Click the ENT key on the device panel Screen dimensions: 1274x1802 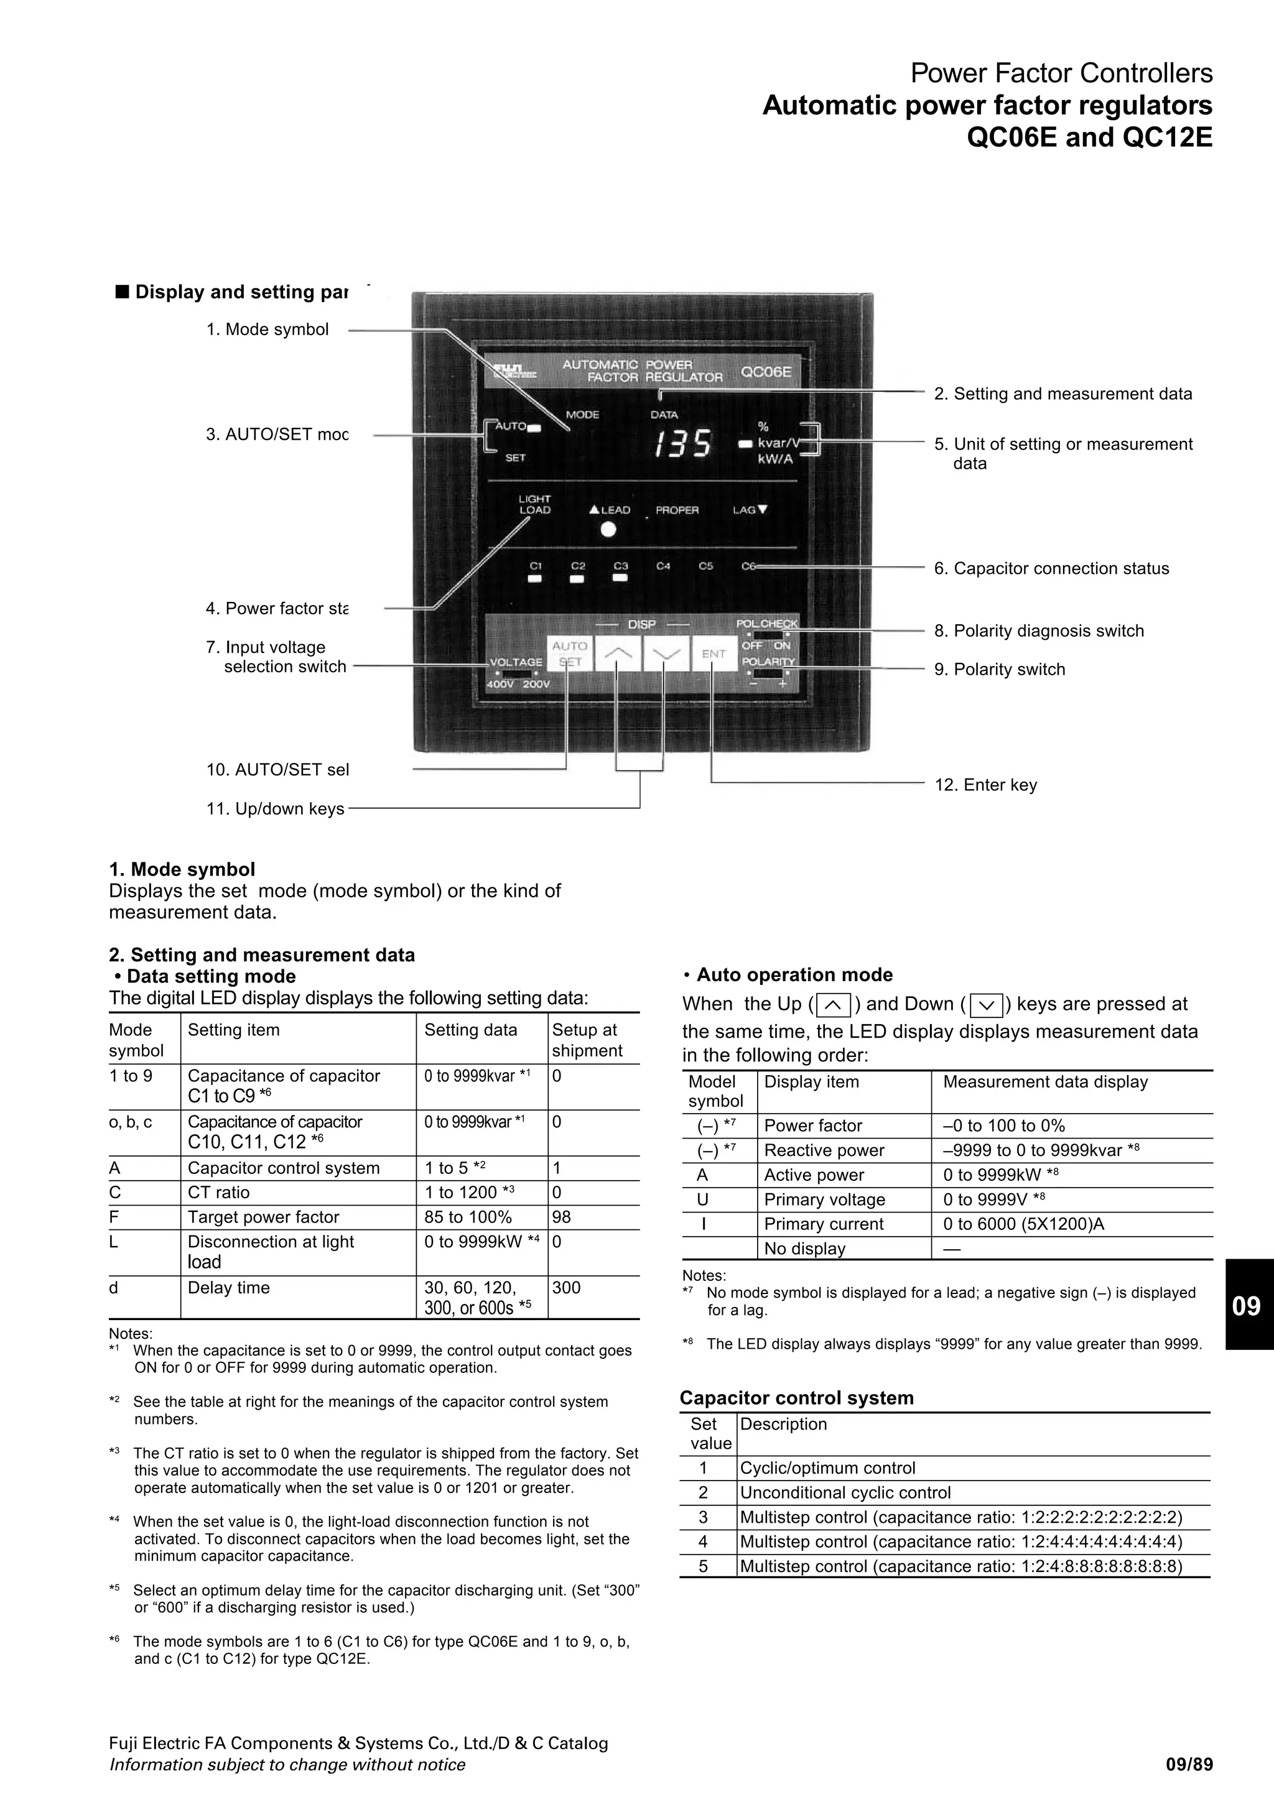click(714, 653)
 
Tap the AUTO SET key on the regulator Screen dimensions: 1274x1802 click(570, 653)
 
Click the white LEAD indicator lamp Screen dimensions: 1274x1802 click(608, 530)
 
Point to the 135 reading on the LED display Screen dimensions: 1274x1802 click(683, 444)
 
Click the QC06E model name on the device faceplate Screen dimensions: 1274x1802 click(766, 372)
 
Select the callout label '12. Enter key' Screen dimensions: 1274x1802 click(985, 785)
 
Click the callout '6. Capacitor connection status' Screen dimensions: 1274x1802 click(1051, 568)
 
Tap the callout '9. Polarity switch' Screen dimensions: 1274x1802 click(999, 670)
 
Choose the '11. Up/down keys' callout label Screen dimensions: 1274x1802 click(275, 808)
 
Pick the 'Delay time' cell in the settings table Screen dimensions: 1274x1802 click(228, 1287)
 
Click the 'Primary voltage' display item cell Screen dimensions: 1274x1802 click(824, 1199)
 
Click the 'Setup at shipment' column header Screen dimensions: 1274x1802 click(587, 1040)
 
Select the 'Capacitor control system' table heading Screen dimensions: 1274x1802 click(796, 1397)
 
